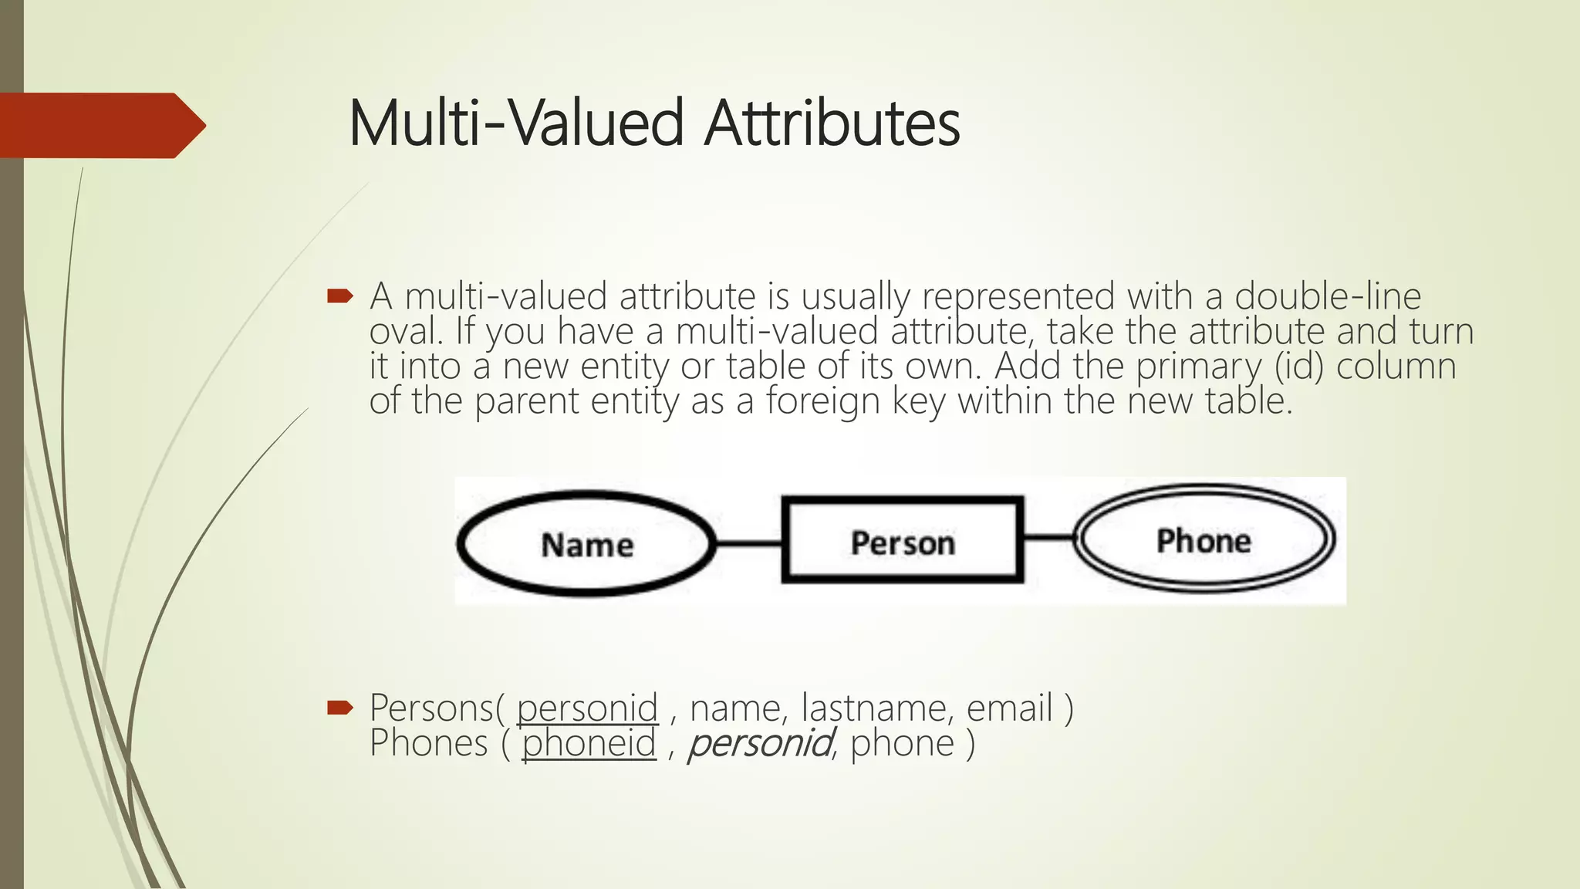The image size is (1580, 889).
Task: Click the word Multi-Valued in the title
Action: coord(516,123)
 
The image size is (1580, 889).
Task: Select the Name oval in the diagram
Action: coord(586,544)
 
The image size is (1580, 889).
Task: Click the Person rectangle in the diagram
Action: coord(903,541)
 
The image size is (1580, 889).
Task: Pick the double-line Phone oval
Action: coord(1204,539)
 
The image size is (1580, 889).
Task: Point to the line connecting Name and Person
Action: coord(749,543)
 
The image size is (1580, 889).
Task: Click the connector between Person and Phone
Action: coord(1048,537)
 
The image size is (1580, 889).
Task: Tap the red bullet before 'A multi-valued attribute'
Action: coord(339,296)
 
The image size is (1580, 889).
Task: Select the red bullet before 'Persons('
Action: coord(339,707)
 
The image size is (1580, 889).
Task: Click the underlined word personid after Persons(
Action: coord(587,708)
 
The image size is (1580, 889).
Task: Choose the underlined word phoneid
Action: coord(589,743)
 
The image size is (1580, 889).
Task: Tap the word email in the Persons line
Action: coord(1009,708)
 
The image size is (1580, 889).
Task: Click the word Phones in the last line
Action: coord(428,743)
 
